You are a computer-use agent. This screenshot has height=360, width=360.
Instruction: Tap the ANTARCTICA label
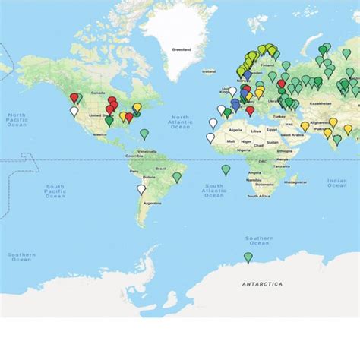pos(262,283)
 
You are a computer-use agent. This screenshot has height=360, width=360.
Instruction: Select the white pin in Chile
pos(141,189)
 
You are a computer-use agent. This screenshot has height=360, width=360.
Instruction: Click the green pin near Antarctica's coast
pos(248,257)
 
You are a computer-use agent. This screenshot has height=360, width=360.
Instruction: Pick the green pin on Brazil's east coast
pos(177,177)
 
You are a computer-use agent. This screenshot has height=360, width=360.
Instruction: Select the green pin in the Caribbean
pos(144,134)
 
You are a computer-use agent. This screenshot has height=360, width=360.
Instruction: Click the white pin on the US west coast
pos(74,111)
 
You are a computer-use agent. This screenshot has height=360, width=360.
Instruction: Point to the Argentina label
pos(152,203)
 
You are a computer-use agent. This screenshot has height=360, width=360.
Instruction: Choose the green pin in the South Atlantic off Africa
pos(226,169)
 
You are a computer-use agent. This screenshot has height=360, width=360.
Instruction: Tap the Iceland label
pos(208,71)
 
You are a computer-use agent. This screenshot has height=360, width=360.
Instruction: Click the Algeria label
pos(234,129)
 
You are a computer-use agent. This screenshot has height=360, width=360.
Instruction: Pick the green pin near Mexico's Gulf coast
pos(109,120)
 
